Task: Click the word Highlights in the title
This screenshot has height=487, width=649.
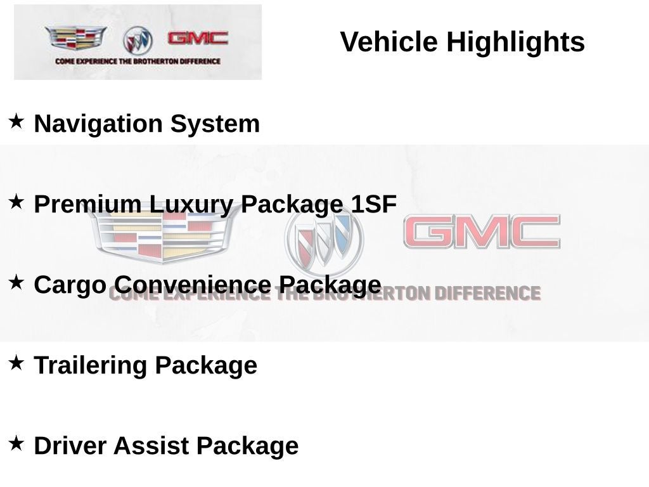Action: coord(515,42)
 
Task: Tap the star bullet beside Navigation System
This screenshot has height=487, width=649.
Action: coord(16,120)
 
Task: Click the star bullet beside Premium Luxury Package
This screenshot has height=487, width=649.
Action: coord(16,201)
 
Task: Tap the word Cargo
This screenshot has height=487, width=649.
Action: coord(70,285)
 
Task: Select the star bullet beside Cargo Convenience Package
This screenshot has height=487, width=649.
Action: coord(16,282)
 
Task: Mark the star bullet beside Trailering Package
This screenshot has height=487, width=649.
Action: coord(16,362)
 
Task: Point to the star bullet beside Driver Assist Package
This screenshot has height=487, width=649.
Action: coord(16,443)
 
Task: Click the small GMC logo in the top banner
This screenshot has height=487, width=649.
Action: coord(198,38)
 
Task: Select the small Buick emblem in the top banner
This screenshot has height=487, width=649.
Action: coord(138,41)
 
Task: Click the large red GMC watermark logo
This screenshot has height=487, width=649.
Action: coord(482,232)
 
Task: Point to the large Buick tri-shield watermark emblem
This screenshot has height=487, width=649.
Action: coord(324,238)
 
